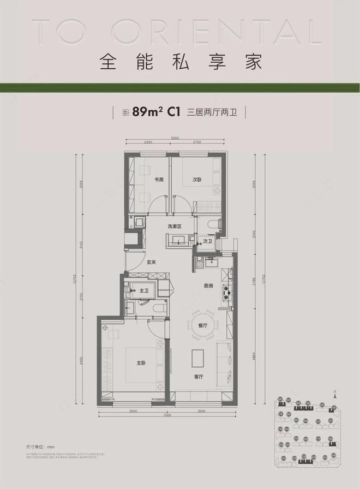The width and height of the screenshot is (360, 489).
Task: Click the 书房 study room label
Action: click(x=159, y=180)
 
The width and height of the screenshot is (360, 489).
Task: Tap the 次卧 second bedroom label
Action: click(x=197, y=180)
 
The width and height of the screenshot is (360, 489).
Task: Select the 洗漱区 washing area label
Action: click(x=174, y=226)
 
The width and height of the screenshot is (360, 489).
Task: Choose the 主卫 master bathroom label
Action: click(x=145, y=291)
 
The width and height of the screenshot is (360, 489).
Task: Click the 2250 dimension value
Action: click(x=148, y=142)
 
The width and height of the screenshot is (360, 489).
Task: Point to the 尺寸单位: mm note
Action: click(x=38, y=446)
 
